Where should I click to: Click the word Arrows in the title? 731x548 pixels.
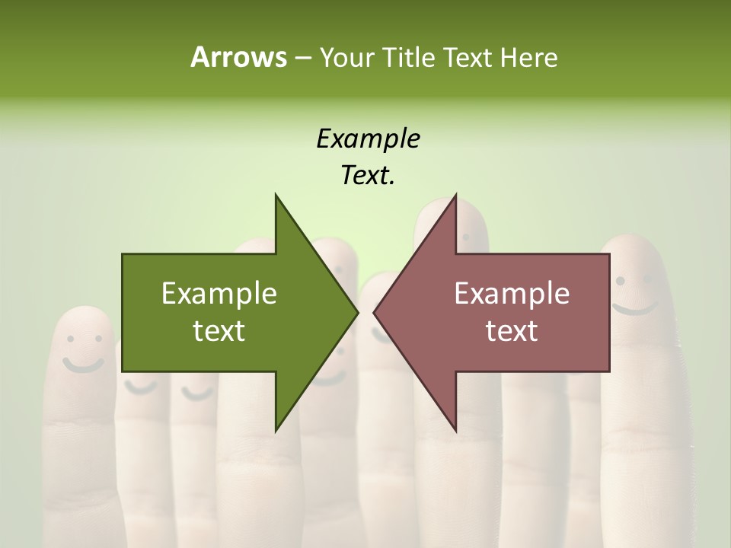[238, 57]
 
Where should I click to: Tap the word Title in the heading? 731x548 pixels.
[412, 58]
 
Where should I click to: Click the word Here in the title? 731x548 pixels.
[529, 58]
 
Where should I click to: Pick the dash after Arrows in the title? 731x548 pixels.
[302, 59]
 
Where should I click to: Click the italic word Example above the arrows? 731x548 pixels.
[368, 139]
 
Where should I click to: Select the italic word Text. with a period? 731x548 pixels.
[368, 176]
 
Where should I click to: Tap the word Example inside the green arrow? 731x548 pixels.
[219, 294]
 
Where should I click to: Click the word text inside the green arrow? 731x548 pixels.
[219, 331]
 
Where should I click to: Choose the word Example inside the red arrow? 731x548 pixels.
[512, 294]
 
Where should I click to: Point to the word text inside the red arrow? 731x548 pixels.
[512, 331]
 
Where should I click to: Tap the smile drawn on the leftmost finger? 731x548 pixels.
[83, 364]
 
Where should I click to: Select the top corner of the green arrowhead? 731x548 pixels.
[276, 195]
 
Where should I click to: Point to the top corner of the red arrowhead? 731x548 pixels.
[455, 195]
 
